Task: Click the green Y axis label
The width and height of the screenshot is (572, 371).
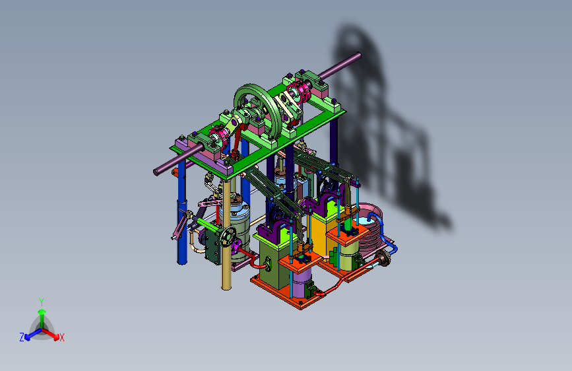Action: click(x=42, y=302)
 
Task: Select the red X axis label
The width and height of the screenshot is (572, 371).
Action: click(x=61, y=338)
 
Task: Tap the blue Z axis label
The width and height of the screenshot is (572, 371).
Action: click(x=22, y=337)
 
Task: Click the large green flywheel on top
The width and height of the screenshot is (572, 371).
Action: click(x=258, y=112)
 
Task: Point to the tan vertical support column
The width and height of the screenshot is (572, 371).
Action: click(x=226, y=234)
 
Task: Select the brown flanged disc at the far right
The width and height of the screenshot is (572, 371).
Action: click(x=383, y=258)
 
